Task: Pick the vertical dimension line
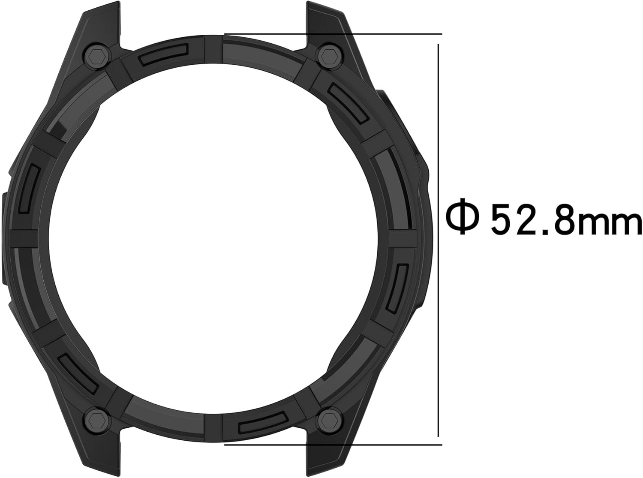coord(438,240)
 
